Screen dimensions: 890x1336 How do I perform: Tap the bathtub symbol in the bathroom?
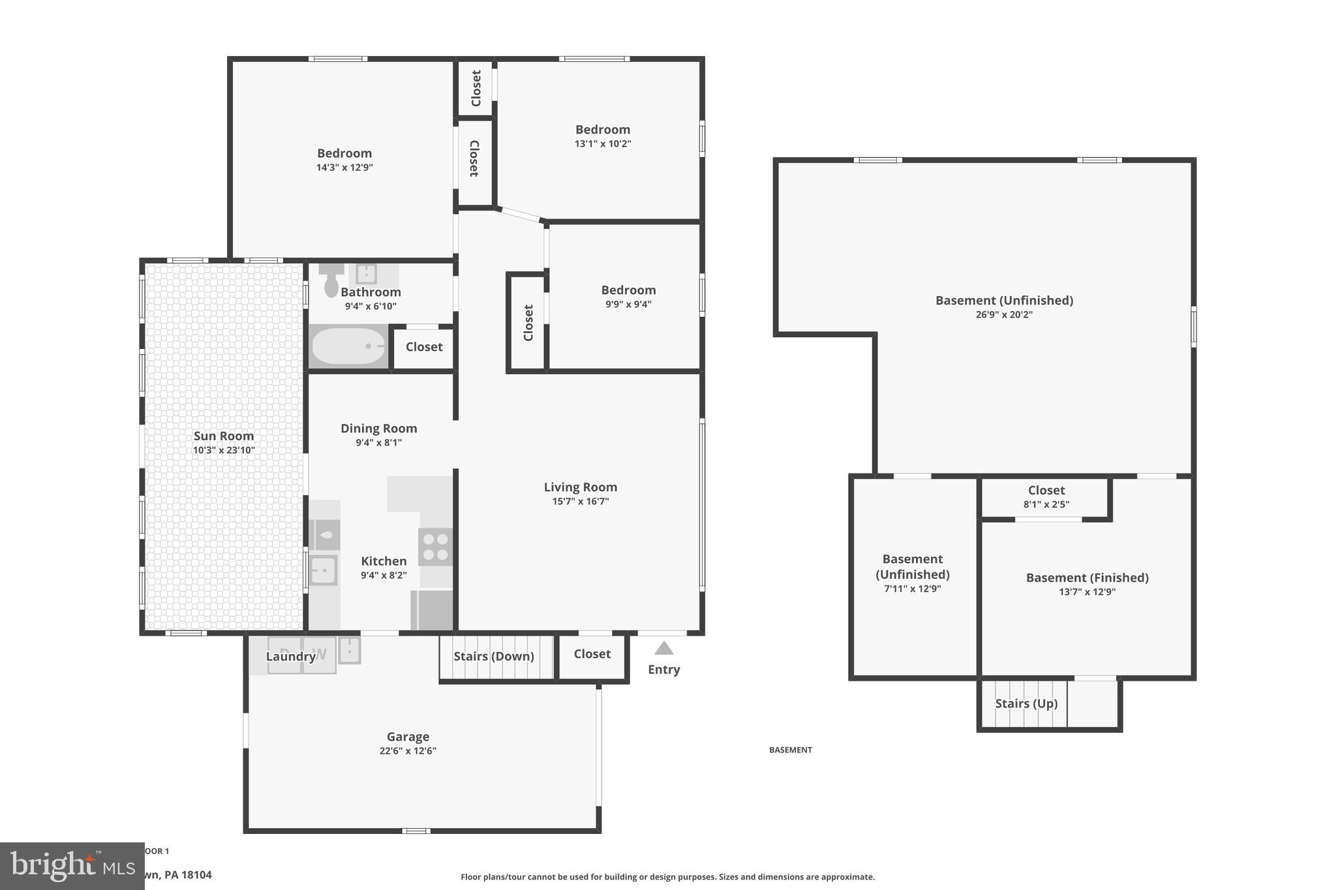(348, 346)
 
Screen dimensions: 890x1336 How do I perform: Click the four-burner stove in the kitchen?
(435, 547)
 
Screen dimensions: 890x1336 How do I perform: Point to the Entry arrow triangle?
(663, 648)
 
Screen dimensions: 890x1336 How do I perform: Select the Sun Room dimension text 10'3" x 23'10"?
(224, 451)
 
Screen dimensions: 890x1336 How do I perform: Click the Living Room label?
(580, 487)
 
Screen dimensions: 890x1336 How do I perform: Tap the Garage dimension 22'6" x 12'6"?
(408, 750)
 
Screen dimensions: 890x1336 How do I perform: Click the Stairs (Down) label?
(494, 656)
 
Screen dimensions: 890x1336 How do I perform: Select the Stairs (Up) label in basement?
(1026, 704)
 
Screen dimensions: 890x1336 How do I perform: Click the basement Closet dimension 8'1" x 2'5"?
(1046, 505)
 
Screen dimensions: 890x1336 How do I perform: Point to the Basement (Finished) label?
(1087, 578)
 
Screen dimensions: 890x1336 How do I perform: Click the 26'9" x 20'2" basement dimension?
(1003, 315)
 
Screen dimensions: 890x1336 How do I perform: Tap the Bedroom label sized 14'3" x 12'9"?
(344, 153)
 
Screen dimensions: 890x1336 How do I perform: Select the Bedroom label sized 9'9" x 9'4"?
(628, 290)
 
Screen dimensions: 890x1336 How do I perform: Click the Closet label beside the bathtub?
(424, 347)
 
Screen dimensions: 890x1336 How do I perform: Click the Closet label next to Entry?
(592, 654)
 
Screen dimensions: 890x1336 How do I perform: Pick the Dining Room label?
(378, 428)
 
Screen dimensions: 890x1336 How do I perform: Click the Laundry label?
(290, 657)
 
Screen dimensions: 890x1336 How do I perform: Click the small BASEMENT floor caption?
(790, 750)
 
